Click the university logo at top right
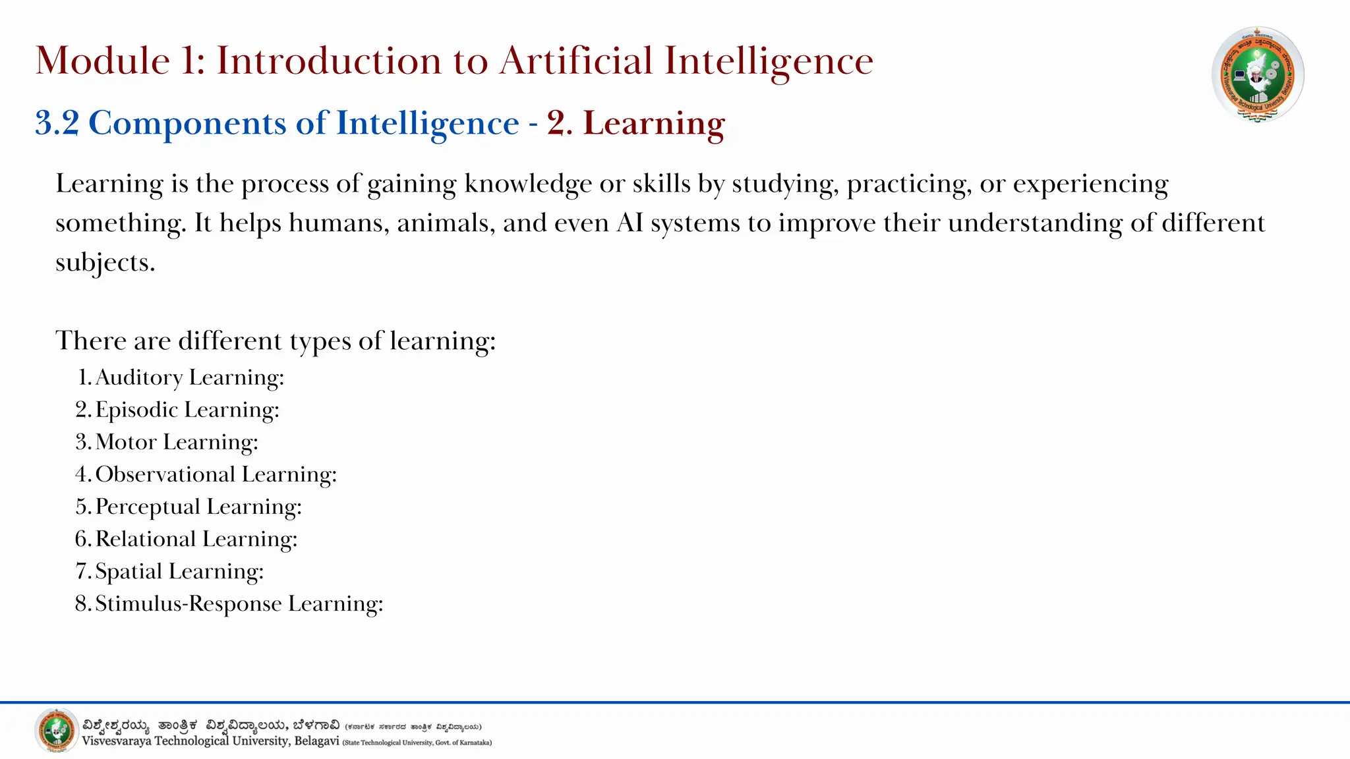[x=1258, y=74]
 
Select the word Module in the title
[x=103, y=61]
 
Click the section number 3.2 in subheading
[x=57, y=123]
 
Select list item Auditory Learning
[x=190, y=378]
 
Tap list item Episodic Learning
[x=187, y=410]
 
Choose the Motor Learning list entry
[x=177, y=442]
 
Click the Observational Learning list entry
[x=216, y=474]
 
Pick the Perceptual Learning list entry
[x=198, y=507]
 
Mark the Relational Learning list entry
[x=196, y=539]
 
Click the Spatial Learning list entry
[x=179, y=571]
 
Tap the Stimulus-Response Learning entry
[x=239, y=604]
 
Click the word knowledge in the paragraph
[x=527, y=184]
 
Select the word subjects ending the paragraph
[x=104, y=263]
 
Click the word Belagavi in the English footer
[x=316, y=741]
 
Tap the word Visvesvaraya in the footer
[x=117, y=741]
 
